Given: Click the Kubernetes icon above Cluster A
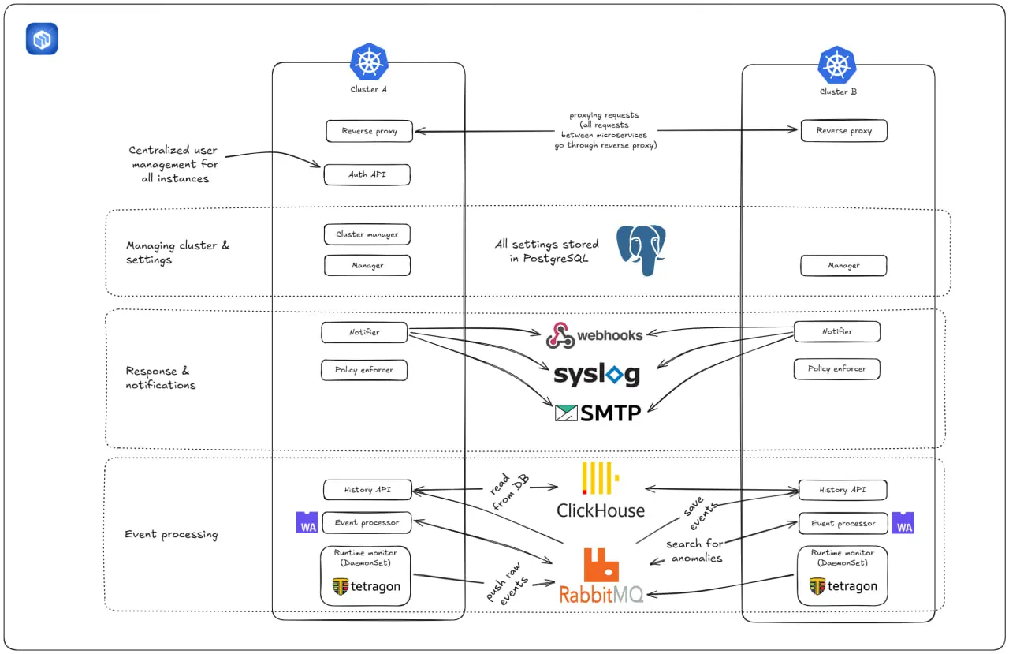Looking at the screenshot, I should [369, 62].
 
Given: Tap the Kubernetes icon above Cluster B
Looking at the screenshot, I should [836, 65].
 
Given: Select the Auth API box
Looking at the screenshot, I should [367, 174].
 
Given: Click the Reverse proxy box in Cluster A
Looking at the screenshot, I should [370, 131].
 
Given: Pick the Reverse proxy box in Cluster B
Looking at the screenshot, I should [843, 131].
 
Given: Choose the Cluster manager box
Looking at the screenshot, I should [367, 234].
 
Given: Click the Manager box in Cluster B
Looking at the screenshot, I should [843, 266].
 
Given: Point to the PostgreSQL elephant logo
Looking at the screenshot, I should [641, 249].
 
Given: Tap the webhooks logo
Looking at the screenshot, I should [595, 335].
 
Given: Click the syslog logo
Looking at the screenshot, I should [597, 375].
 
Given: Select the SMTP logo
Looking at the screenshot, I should [598, 412].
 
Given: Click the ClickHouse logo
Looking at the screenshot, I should [601, 491].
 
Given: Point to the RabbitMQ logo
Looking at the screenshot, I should [601, 577].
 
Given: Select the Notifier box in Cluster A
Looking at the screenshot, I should [364, 333].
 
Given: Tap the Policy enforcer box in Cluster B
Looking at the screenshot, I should [836, 368].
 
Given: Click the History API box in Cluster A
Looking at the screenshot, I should [367, 490].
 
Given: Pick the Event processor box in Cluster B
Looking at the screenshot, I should [843, 523].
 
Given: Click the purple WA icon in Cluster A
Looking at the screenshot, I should [307, 522].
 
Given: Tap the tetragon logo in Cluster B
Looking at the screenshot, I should [843, 586].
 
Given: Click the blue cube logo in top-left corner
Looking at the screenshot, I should [42, 39].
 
